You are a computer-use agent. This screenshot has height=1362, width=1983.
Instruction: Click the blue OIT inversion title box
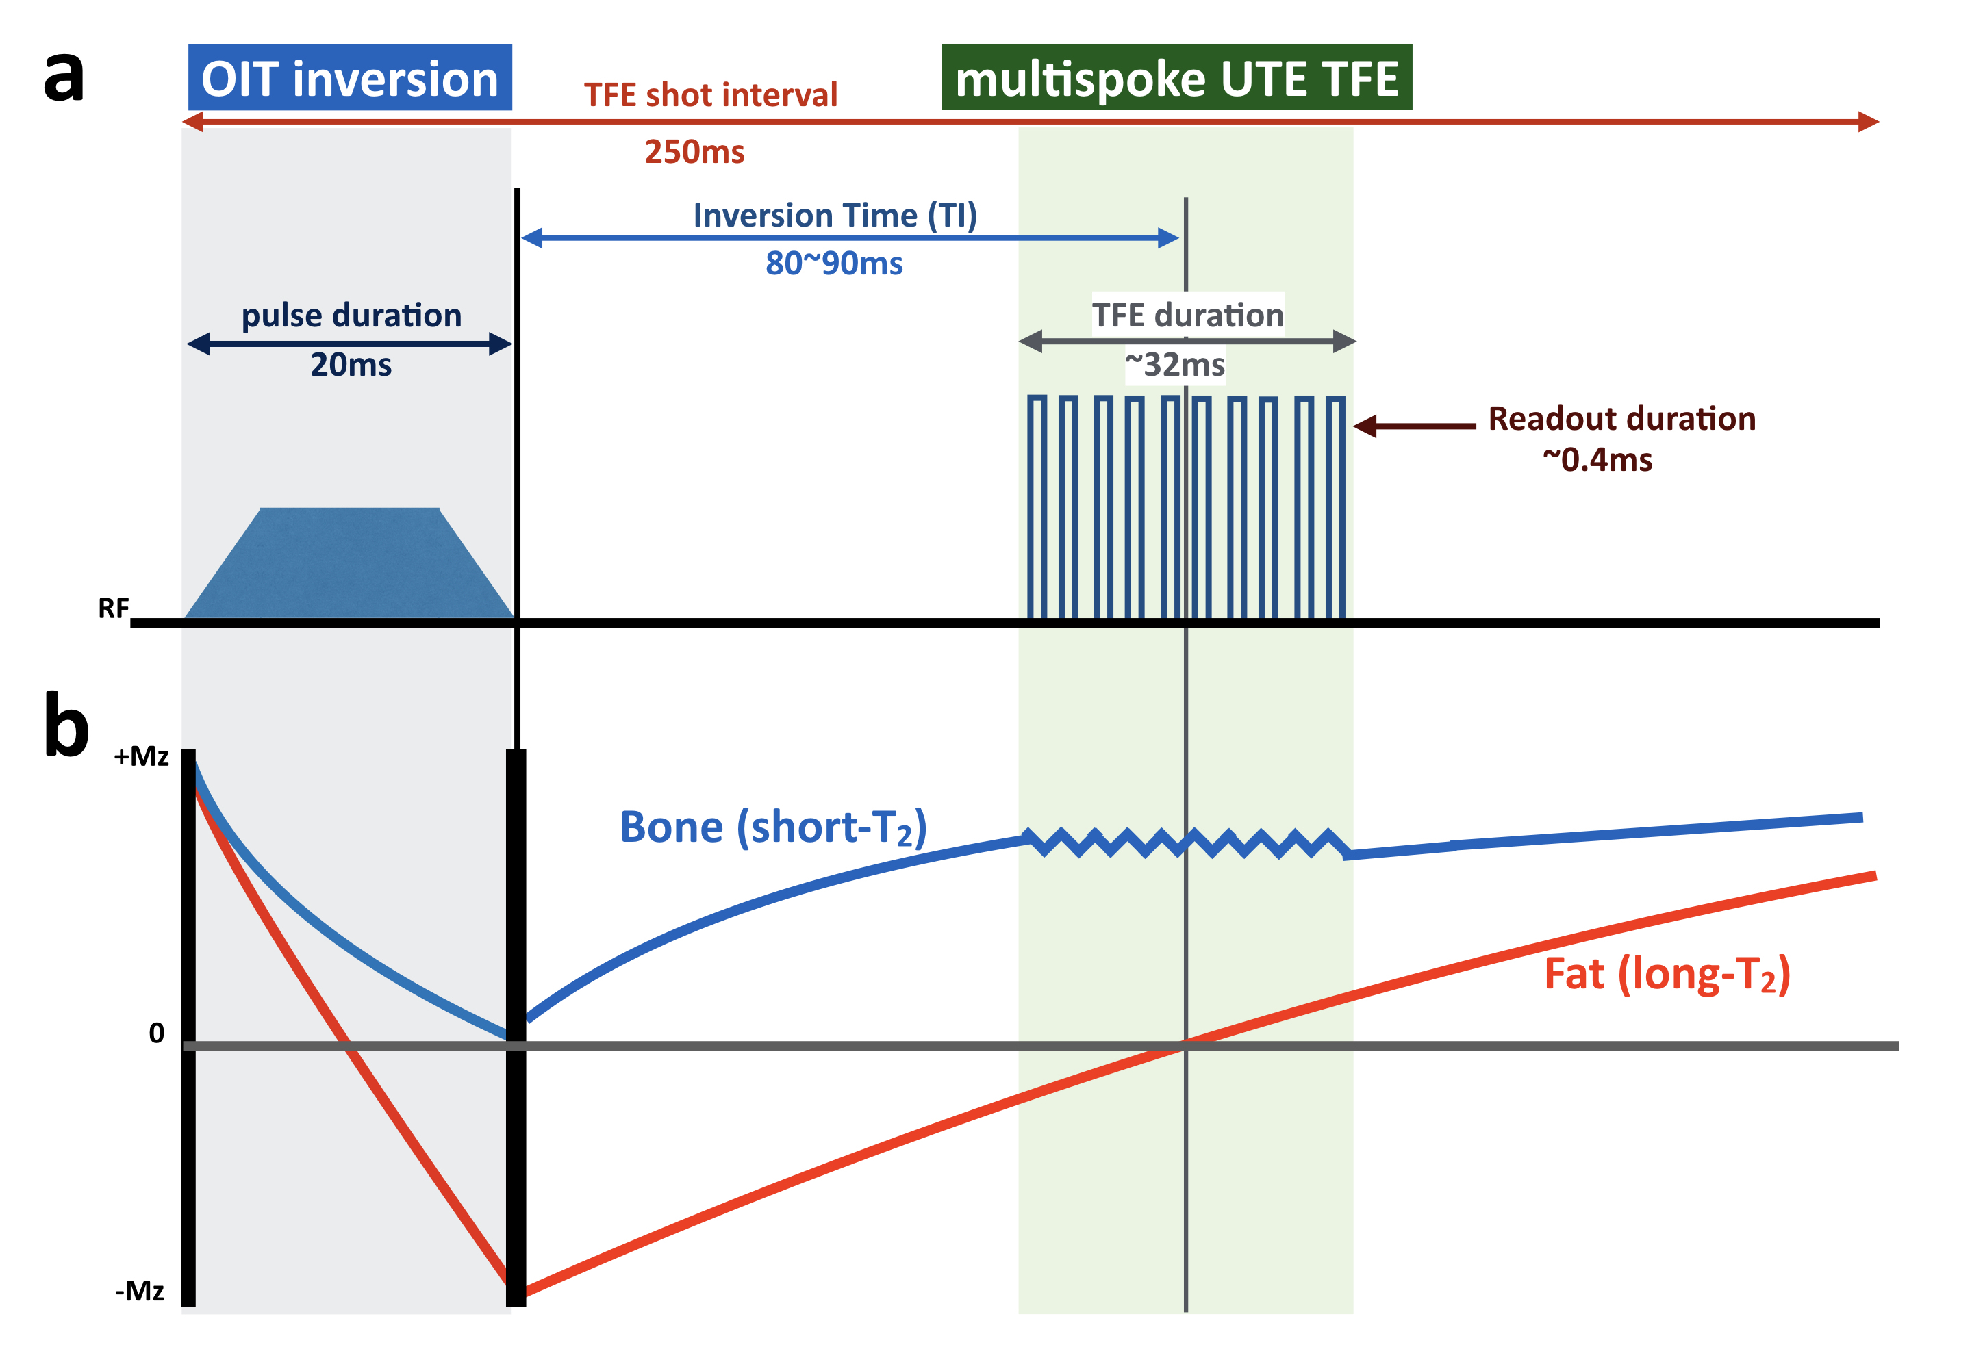pos(349,77)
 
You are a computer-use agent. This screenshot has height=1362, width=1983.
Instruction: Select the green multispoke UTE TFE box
pos(1176,77)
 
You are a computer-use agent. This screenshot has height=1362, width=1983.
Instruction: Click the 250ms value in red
pos(694,152)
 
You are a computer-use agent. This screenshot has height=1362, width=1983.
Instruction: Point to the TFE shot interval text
pos(710,94)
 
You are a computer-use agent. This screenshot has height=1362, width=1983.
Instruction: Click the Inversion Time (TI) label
pos(834,215)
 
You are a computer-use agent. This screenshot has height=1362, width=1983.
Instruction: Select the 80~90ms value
pos(833,264)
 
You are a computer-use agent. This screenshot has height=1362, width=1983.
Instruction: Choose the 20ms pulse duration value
pos(351,365)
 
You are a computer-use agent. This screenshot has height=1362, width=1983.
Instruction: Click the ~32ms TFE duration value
pos(1174,365)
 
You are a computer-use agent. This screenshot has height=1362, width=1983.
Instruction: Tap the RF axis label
pos(113,608)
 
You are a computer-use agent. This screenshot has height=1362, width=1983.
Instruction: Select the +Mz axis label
pos(141,756)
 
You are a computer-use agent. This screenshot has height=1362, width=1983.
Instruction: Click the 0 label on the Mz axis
pos(156,1033)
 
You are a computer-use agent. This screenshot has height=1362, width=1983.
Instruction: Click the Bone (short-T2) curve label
pos(772,827)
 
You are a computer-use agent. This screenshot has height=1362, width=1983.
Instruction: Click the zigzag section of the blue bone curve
pos(1186,843)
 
